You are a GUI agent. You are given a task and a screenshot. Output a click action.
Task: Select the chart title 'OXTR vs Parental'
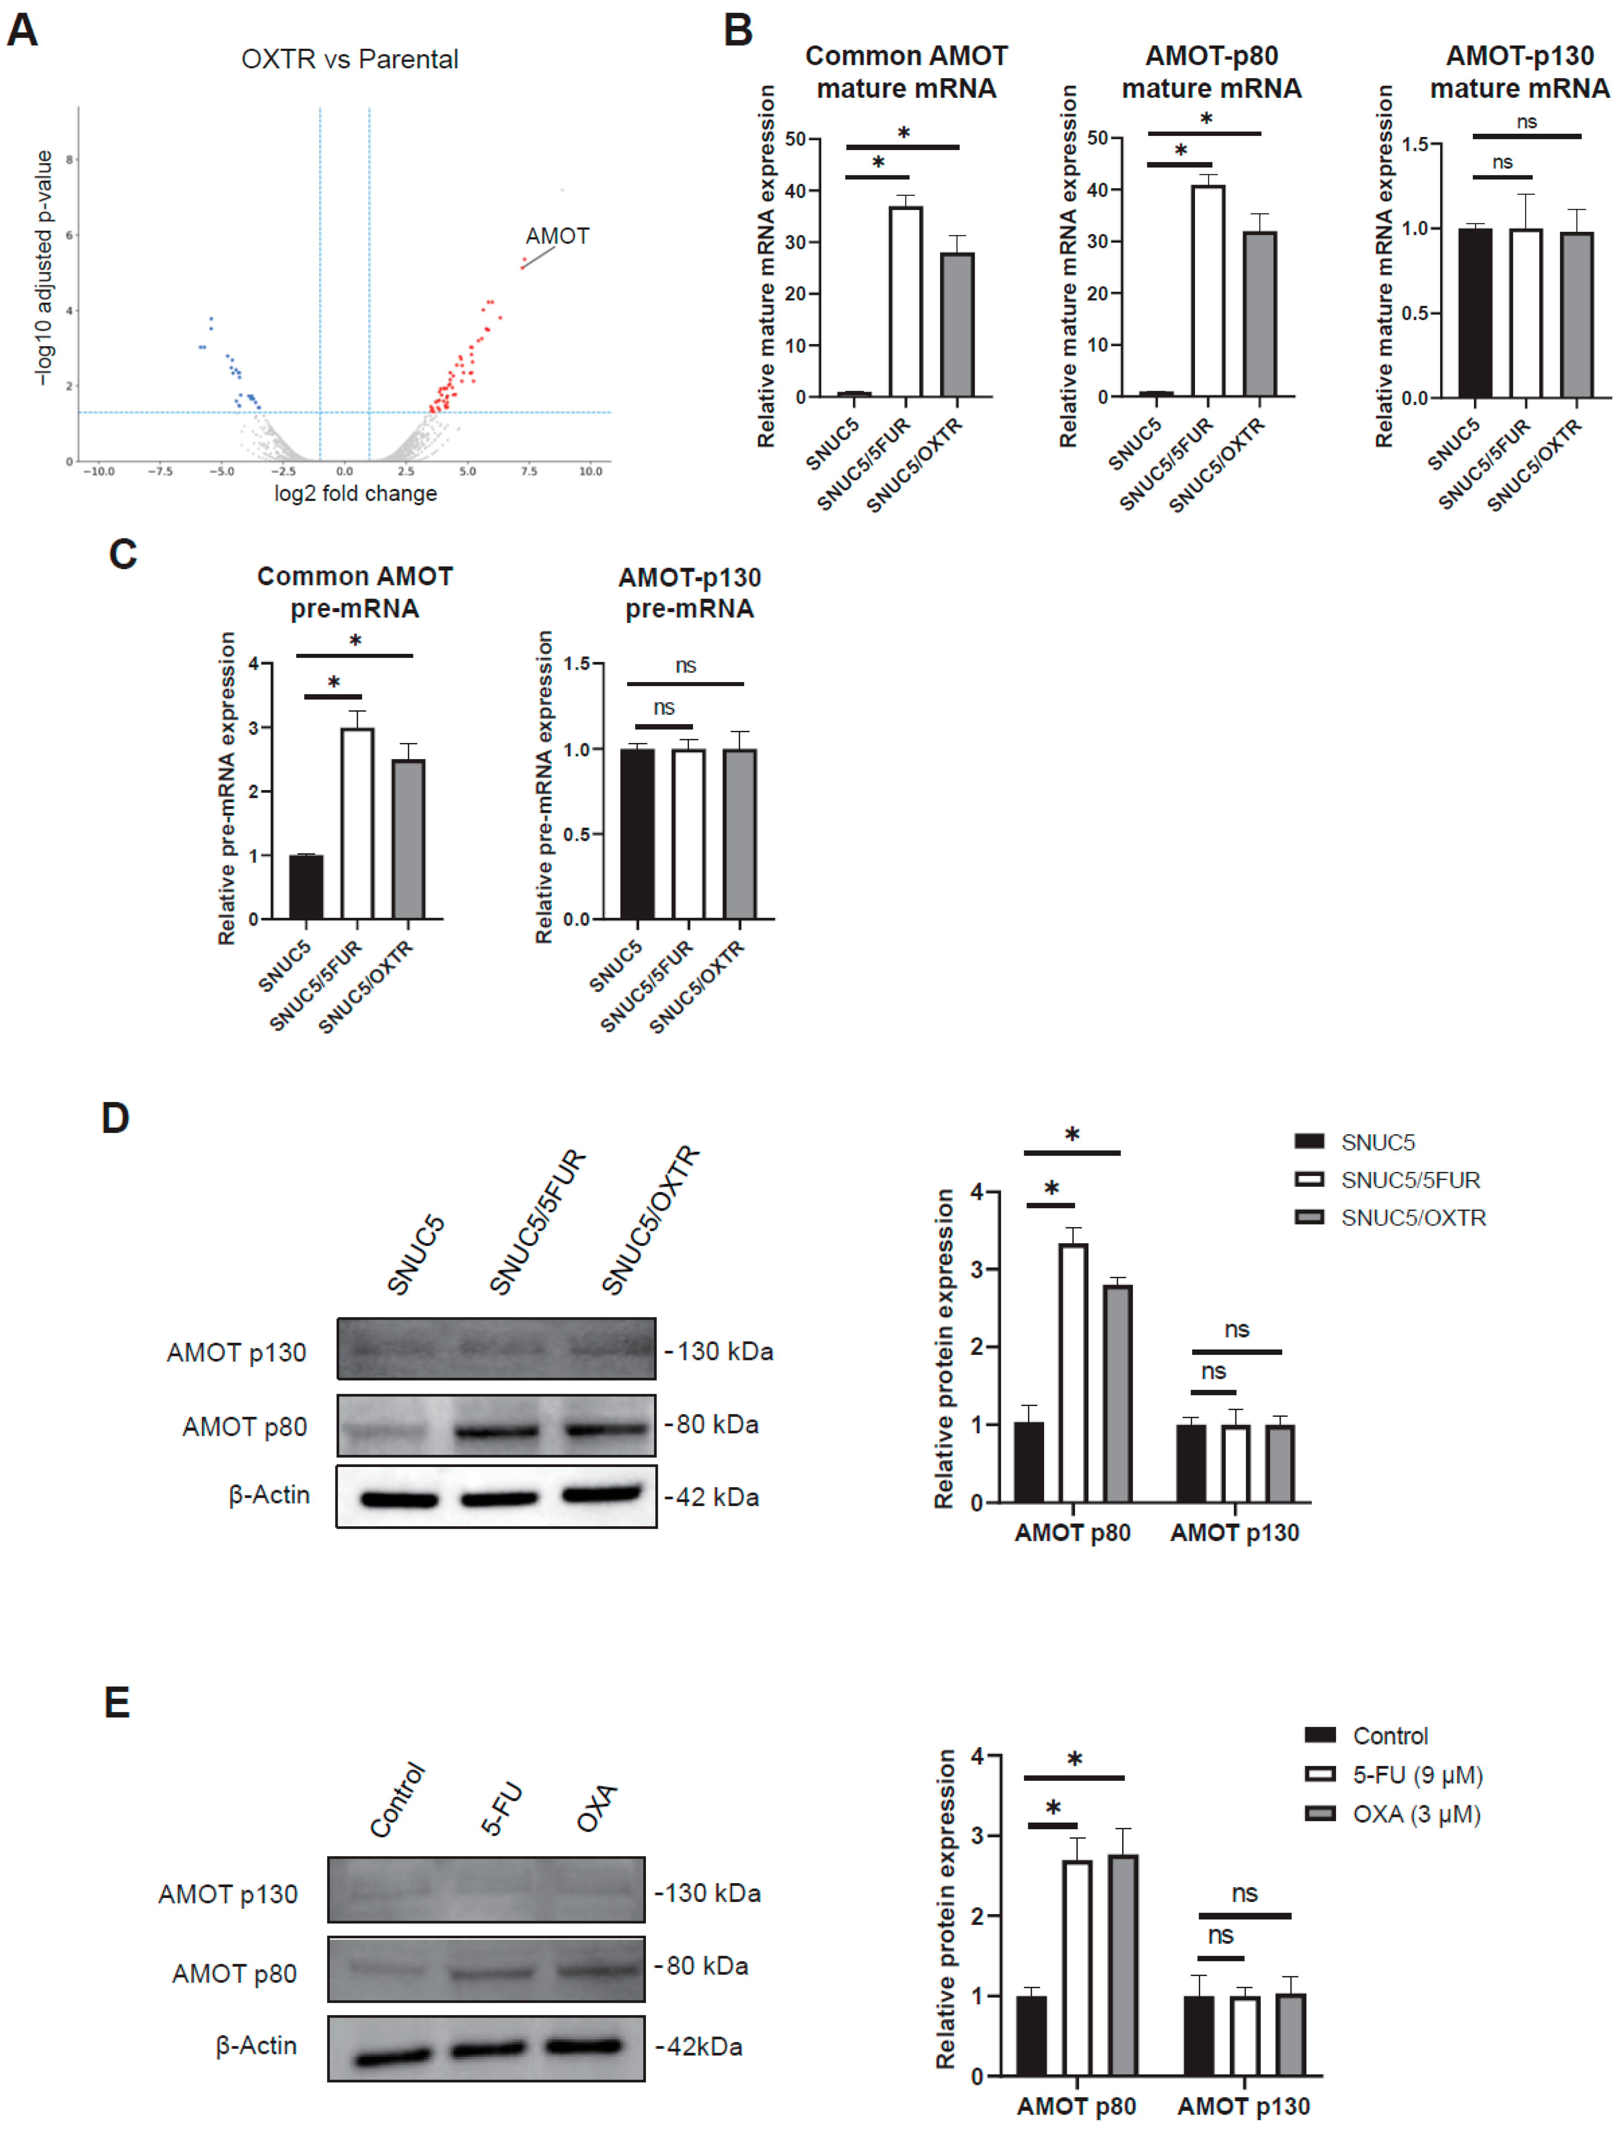point(349,60)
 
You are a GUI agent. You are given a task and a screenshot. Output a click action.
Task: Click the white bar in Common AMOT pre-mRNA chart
point(357,823)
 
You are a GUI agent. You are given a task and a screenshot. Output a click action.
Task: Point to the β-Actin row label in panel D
point(269,1495)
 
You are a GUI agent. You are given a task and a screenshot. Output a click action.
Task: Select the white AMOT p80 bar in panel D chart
point(1073,1372)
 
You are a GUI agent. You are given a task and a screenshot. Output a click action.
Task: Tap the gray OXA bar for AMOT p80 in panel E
point(1123,1965)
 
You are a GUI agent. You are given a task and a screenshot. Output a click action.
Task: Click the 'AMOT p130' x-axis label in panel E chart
point(1244,2106)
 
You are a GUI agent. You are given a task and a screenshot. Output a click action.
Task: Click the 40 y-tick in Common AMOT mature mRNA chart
point(795,191)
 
